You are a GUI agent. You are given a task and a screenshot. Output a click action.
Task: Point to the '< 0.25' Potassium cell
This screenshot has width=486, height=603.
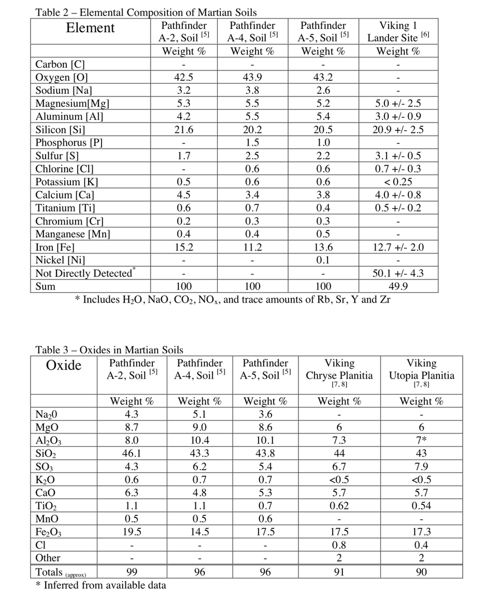pyautogui.click(x=398, y=181)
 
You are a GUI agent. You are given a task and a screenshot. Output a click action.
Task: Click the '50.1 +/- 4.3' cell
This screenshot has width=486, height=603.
pyautogui.click(x=398, y=273)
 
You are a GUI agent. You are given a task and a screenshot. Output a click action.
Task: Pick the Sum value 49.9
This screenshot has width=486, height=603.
pyautogui.click(x=398, y=286)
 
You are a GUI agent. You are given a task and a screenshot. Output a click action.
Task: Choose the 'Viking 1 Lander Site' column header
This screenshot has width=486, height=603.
pyautogui.click(x=398, y=31)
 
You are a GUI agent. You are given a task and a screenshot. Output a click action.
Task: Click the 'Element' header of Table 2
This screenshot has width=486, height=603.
pyautogui.click(x=90, y=28)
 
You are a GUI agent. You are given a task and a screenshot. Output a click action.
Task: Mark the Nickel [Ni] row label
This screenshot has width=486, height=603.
pyautogui.click(x=60, y=260)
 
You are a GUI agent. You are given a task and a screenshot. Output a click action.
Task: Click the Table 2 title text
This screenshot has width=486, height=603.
pyautogui.click(x=146, y=12)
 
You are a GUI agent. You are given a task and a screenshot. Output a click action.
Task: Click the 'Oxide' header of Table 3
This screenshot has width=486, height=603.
pyautogui.click(x=64, y=366)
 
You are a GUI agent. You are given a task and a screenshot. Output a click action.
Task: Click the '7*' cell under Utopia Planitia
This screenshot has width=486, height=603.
pyautogui.click(x=421, y=441)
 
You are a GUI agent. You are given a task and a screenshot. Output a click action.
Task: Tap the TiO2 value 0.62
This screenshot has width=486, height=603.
pyautogui.click(x=339, y=506)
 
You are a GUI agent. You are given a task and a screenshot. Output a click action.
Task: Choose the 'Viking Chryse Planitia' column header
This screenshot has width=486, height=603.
pyautogui.click(x=339, y=369)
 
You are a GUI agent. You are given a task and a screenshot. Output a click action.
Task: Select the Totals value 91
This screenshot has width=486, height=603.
pyautogui.click(x=339, y=572)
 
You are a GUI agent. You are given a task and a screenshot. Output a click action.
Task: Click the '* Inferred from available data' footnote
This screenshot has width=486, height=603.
pyautogui.click(x=101, y=585)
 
